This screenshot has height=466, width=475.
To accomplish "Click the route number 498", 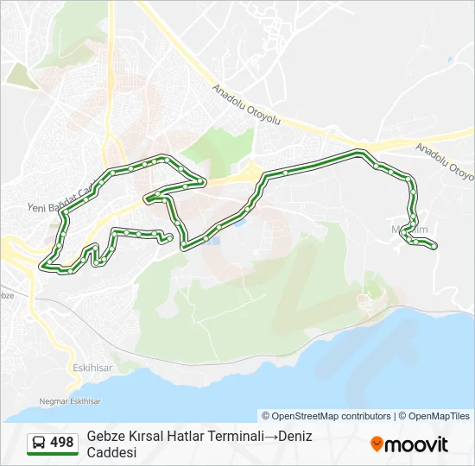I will point(61,443).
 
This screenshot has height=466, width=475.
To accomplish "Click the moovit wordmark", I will point(416,444).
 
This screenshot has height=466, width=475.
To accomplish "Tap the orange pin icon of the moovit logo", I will point(377,444).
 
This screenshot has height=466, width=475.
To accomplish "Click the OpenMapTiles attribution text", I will point(440,416).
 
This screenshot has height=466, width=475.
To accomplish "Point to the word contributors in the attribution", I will point(366,416).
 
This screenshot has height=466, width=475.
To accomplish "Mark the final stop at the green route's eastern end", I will point(434,247).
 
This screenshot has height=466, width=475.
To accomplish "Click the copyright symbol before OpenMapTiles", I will point(402,416).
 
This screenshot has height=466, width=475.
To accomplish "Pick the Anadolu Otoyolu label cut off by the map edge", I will point(446,161).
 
